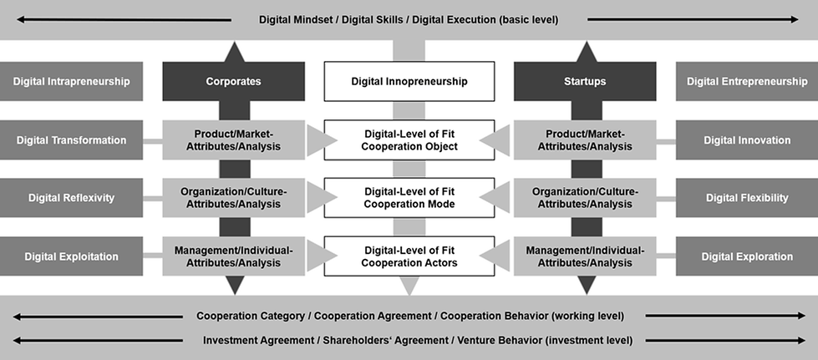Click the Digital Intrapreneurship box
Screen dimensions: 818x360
71,81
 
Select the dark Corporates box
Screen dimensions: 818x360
233,81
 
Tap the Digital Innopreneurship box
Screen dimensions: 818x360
409,81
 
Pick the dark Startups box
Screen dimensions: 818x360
584,81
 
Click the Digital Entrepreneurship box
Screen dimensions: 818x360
746,81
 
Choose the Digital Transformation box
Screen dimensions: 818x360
71,139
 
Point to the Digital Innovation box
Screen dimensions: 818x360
746,139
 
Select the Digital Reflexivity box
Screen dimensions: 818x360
71,198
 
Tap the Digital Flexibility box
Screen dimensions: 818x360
746,198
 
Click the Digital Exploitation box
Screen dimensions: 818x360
71,256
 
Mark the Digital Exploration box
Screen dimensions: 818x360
746,256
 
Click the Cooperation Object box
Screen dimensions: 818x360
409,139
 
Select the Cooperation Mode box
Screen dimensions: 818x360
409,198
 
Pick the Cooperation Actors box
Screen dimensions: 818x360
409,256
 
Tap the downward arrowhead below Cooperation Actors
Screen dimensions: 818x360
409,286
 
